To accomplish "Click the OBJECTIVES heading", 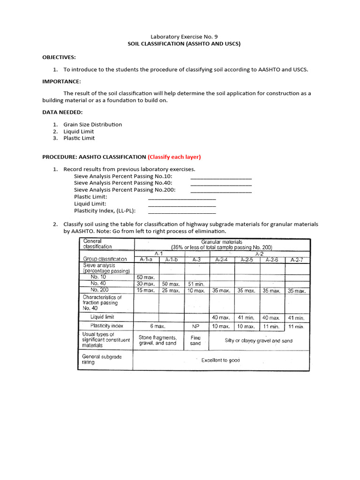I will (59, 57).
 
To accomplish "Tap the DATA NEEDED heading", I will (63, 112).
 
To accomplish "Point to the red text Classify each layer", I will (174, 157).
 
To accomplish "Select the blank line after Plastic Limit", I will (182, 197).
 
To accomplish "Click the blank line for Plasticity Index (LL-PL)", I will (182, 210).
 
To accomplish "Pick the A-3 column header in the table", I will (196, 259).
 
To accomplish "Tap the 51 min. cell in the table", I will (196, 284).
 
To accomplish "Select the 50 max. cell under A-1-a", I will (146, 277).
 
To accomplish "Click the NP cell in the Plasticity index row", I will (196, 326).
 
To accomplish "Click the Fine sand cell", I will (196, 340).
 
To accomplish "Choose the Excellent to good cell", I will (220, 360).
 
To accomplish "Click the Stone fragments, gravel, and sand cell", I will (157, 340).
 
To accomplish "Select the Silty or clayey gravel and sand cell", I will (259, 341).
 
